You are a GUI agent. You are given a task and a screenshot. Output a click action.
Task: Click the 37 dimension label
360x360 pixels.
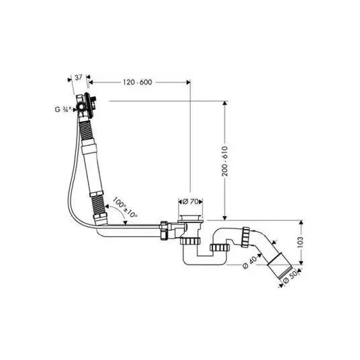(79, 77)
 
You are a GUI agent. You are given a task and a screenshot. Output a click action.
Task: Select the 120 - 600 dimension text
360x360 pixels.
(137, 82)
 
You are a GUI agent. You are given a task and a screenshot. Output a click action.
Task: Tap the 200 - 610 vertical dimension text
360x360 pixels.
(225, 161)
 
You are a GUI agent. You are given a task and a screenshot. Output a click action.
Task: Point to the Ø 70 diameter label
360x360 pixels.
(191, 201)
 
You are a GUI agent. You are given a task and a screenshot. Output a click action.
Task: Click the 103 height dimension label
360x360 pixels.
(300, 242)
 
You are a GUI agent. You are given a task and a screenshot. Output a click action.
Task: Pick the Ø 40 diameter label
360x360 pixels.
(250, 263)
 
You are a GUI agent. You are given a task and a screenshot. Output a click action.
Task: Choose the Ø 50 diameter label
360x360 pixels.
(290, 278)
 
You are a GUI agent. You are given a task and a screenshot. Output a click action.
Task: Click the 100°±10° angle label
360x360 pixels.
(126, 208)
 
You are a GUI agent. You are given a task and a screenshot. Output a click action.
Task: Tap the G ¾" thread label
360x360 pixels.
(62, 109)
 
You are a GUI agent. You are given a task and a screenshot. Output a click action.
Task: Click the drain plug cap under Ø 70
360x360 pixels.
(190, 218)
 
